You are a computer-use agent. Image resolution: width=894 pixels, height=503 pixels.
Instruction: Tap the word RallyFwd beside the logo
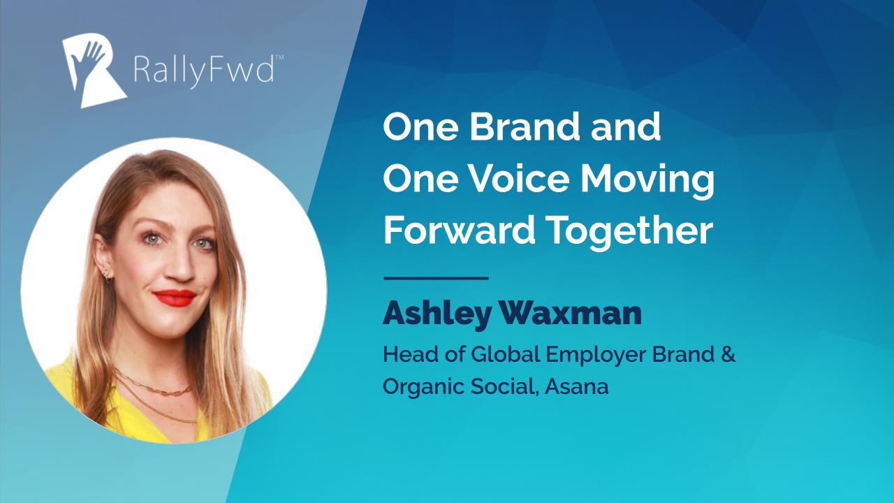point(204,71)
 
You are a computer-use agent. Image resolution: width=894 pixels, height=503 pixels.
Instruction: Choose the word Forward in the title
point(459,231)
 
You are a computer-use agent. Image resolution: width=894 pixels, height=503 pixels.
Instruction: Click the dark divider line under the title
point(436,278)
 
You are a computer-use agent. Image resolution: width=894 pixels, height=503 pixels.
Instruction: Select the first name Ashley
point(437,315)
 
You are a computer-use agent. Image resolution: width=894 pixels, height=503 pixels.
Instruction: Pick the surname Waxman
point(571,314)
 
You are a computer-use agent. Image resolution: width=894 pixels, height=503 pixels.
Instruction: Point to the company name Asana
point(577,386)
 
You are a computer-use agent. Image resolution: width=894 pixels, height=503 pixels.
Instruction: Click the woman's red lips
point(175,298)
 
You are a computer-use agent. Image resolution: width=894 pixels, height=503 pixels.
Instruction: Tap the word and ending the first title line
point(626,126)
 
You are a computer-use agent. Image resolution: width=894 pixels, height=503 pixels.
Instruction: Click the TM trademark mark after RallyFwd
point(280,57)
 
